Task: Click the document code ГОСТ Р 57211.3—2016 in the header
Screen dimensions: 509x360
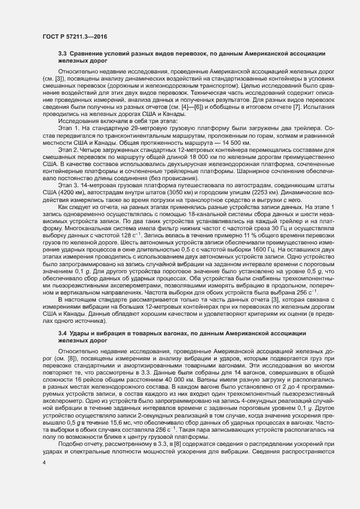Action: point(74,36)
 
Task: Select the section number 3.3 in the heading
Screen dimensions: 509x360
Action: point(62,54)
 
